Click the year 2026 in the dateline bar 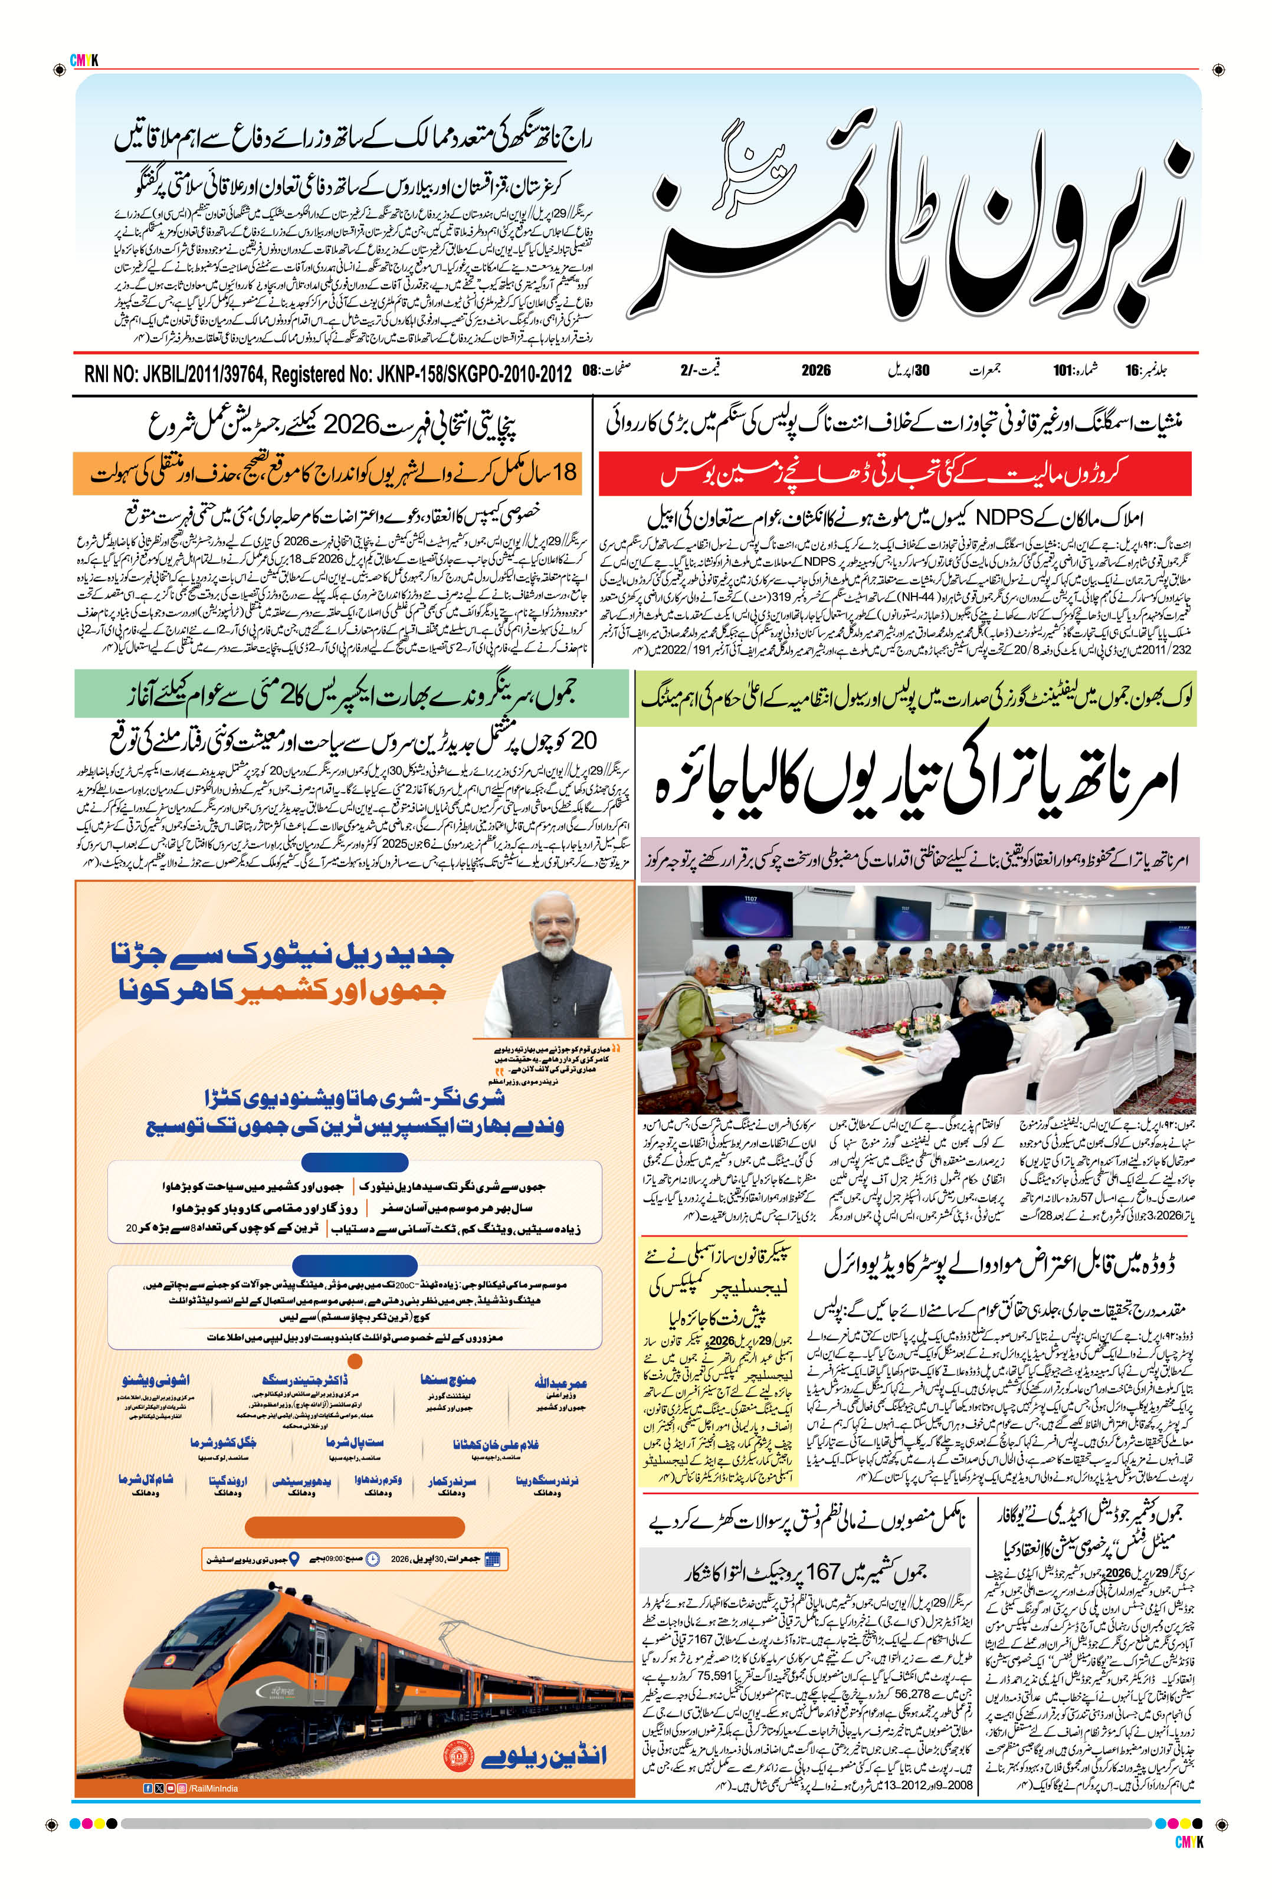(816, 370)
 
